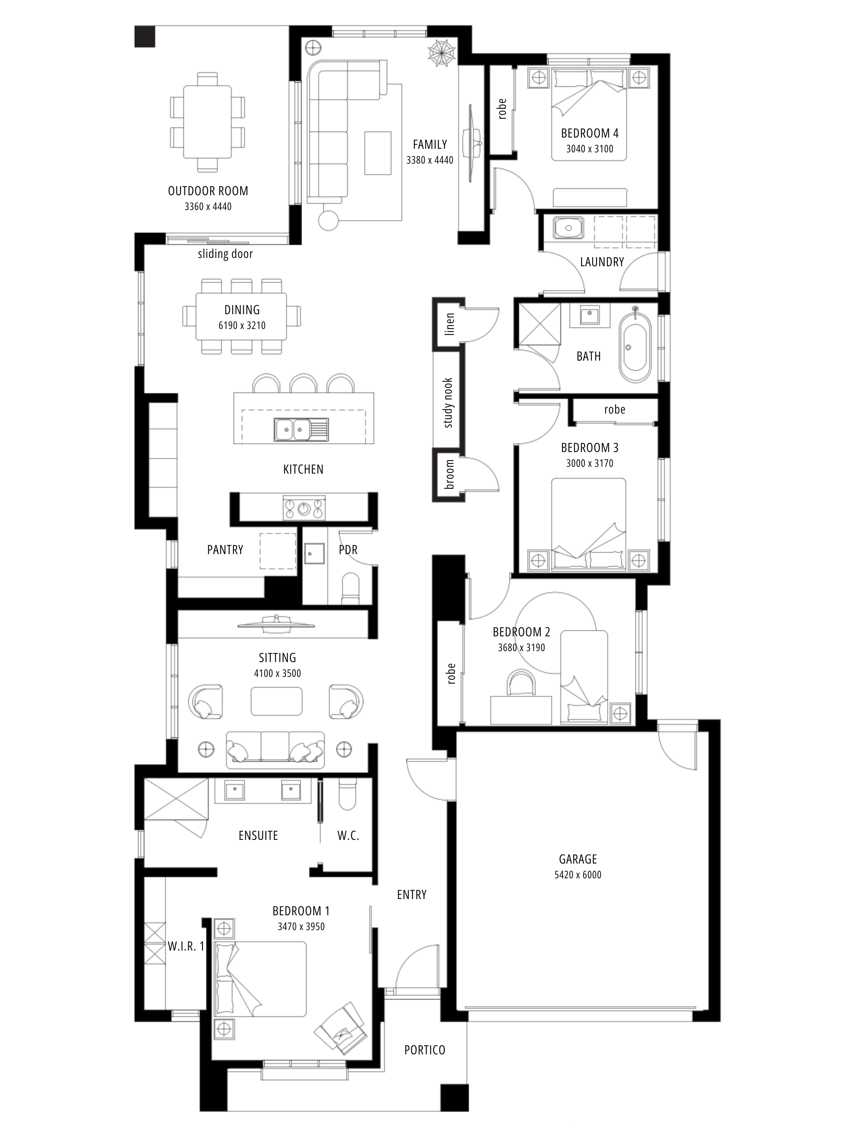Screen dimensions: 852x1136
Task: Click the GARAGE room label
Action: pyautogui.click(x=578, y=859)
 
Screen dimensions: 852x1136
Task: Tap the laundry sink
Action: pyautogui.click(x=568, y=227)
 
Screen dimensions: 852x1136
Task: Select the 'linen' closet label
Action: pyautogui.click(x=449, y=324)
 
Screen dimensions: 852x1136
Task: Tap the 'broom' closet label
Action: pyautogui.click(x=449, y=475)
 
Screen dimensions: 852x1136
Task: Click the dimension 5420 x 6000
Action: pyautogui.click(x=578, y=874)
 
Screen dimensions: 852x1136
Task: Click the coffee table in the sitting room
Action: pyautogui.click(x=276, y=701)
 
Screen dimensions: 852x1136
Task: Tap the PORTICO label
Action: pyautogui.click(x=425, y=1050)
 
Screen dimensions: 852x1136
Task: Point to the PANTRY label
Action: pyautogui.click(x=225, y=550)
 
